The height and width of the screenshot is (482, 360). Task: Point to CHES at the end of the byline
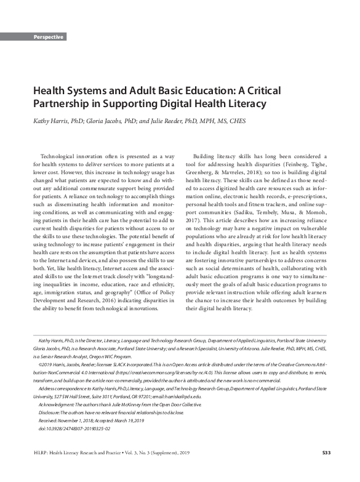point(236,121)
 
